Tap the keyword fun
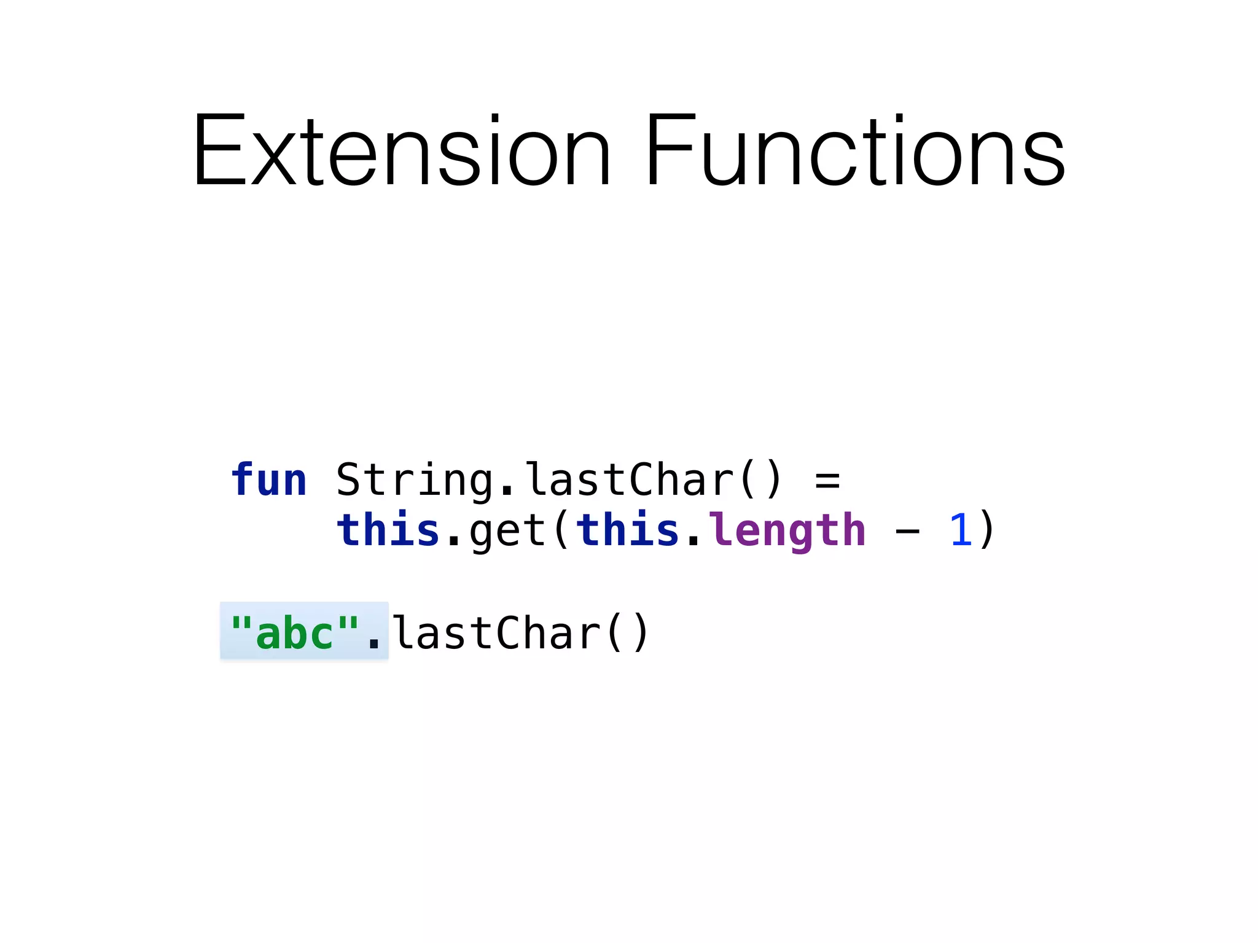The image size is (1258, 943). click(x=268, y=480)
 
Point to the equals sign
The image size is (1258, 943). click(x=827, y=480)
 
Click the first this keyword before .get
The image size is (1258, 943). click(x=388, y=530)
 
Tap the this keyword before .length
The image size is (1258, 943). click(x=627, y=530)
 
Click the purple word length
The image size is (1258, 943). click(x=787, y=530)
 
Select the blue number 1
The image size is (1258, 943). click(x=960, y=530)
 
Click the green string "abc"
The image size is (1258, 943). click(x=294, y=632)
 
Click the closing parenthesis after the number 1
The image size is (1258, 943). click(x=986, y=530)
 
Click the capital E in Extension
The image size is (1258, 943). click(x=218, y=150)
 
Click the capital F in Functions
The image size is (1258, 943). click(x=670, y=150)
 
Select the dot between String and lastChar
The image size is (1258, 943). click(x=507, y=491)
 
